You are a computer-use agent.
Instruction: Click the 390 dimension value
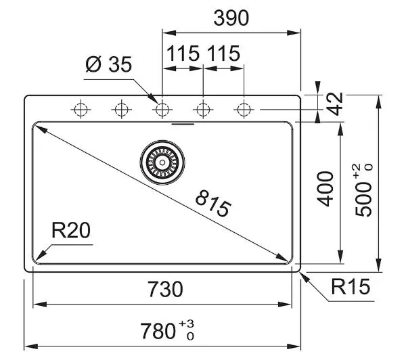[x=231, y=18]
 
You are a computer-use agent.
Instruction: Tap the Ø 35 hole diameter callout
[x=109, y=65]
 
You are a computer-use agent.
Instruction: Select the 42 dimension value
[x=334, y=104]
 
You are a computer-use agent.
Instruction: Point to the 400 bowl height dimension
[x=325, y=189]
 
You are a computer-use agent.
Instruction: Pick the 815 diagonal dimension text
[x=213, y=204]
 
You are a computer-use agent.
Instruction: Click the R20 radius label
[x=71, y=230]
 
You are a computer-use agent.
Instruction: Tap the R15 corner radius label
[x=351, y=286]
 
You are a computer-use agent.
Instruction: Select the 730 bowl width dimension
[x=166, y=290]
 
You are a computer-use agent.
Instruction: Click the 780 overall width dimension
[x=158, y=331]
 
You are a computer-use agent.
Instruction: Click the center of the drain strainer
[x=162, y=162]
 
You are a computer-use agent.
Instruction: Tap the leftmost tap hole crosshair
[x=81, y=110]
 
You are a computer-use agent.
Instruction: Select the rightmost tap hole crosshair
[x=244, y=110]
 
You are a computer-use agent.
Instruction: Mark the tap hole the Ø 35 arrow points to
[x=162, y=110]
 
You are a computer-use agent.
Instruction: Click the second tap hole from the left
[x=121, y=110]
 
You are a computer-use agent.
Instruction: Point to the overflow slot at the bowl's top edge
[x=183, y=124]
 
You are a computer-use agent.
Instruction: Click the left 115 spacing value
[x=183, y=53]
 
